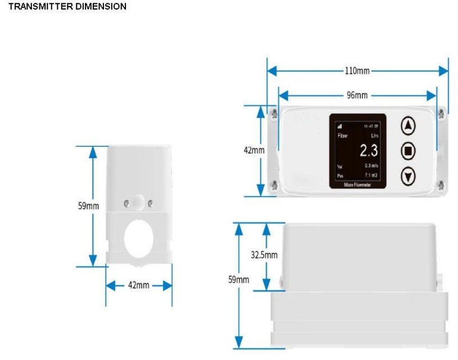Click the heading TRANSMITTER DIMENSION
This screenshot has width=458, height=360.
pos(67,7)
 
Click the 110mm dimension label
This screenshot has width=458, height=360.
pos(357,71)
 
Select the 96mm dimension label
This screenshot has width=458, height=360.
pos(357,95)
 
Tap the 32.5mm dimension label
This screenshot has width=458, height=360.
pos(264,255)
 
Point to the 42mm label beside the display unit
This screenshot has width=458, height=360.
pos(253,150)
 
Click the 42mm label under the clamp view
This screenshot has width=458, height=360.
pos(139,285)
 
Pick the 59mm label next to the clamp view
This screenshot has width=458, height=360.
pos(88,206)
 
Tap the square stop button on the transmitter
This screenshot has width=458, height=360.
pos(409,151)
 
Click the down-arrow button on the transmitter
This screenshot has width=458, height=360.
pos(409,177)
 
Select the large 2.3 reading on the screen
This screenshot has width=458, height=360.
pos(369,150)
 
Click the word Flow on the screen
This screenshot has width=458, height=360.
pos(342,136)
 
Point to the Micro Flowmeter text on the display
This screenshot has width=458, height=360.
pos(358,183)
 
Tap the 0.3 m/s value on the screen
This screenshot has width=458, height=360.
pos(371,166)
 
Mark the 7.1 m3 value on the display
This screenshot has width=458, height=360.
pos(371,175)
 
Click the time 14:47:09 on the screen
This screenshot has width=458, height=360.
pos(371,126)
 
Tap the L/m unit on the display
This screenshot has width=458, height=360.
pos(375,136)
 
